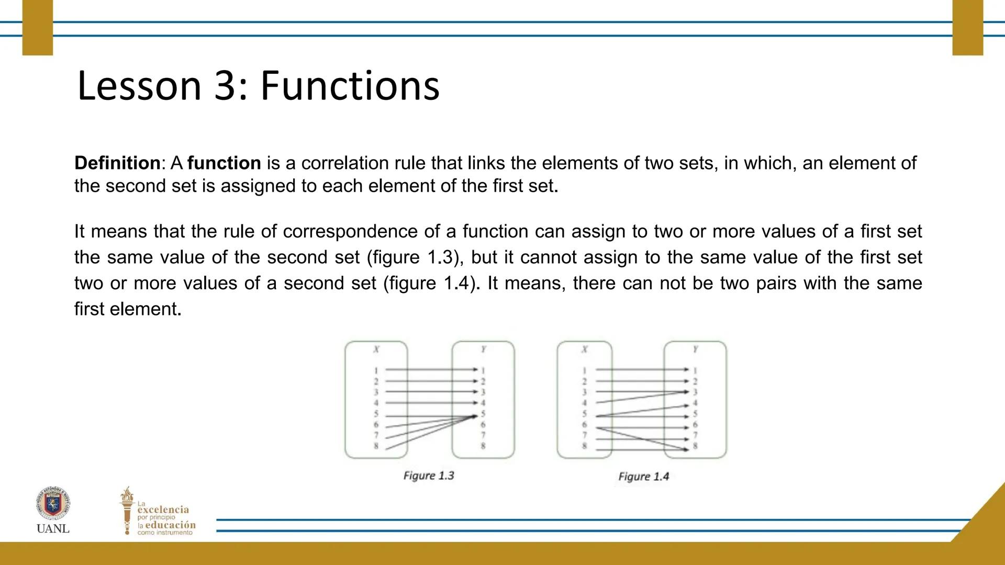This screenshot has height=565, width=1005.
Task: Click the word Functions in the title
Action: pyautogui.click(x=350, y=86)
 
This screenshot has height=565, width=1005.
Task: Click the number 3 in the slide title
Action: pyautogui.click(x=225, y=86)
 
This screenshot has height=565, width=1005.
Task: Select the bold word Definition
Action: pyautogui.click(x=117, y=163)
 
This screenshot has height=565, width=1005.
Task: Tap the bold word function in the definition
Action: pyautogui.click(x=224, y=163)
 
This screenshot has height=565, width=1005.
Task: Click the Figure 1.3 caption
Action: pyautogui.click(x=429, y=476)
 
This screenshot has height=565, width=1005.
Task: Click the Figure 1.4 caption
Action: pyautogui.click(x=644, y=477)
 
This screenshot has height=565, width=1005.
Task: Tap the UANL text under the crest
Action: pyautogui.click(x=53, y=529)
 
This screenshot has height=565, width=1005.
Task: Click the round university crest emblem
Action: pyautogui.click(x=53, y=503)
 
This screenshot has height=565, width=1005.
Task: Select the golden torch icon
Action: pyautogui.click(x=127, y=510)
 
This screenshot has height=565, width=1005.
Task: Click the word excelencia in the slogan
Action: pyautogui.click(x=163, y=510)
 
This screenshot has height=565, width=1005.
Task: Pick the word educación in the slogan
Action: pyautogui.click(x=170, y=525)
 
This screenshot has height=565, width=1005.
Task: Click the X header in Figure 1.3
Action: pyautogui.click(x=376, y=349)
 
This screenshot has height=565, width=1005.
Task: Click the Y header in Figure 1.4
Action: pyautogui.click(x=695, y=349)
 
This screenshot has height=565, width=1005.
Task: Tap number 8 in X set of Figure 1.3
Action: pyautogui.click(x=376, y=446)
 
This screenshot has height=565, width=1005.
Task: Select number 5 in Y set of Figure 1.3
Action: pyautogui.click(x=483, y=414)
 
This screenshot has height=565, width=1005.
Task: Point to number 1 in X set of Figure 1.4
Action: pyautogui.click(x=585, y=370)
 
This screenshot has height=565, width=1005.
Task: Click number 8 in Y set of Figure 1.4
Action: pyautogui.click(x=695, y=446)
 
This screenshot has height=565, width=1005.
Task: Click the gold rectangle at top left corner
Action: pyautogui.click(x=38, y=27)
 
